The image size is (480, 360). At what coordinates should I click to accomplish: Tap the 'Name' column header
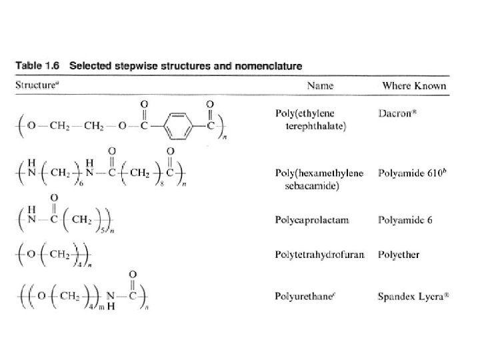[x=320, y=86]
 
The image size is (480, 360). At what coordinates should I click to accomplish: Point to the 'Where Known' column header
[x=413, y=86]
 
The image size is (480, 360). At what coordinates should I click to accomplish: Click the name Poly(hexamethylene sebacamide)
[x=319, y=179]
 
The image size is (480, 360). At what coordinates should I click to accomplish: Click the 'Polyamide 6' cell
[x=405, y=219]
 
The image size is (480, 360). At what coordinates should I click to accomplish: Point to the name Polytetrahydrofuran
[x=319, y=255]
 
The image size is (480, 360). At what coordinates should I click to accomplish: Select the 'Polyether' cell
[x=398, y=255]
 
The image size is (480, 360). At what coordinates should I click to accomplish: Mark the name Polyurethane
[x=301, y=295]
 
